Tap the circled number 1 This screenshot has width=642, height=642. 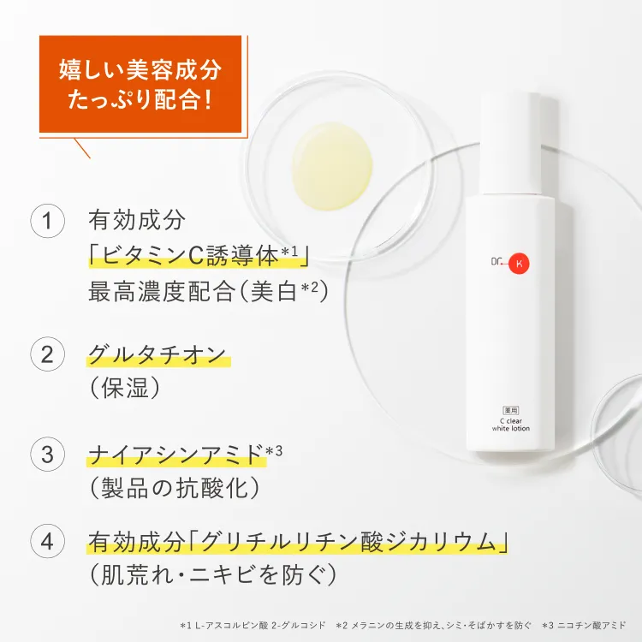click(49, 221)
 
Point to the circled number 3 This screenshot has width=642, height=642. click(49, 454)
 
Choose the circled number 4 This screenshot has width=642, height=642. click(49, 541)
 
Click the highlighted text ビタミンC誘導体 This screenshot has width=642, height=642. click(198, 255)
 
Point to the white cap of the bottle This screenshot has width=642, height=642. click(509, 142)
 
